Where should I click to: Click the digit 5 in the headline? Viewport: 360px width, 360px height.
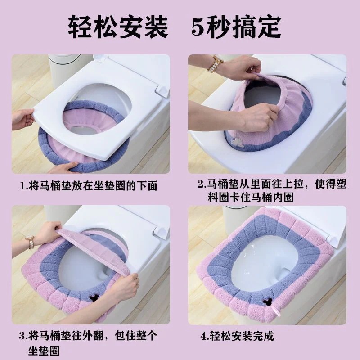tap(198, 27)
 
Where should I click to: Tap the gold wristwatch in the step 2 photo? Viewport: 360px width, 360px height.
tap(215, 64)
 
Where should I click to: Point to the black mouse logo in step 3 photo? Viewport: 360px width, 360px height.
tap(93, 298)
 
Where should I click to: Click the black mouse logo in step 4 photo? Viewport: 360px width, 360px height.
tap(266, 301)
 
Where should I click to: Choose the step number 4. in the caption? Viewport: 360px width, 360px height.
tap(204, 337)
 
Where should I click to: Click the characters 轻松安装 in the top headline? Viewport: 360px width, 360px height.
tap(118, 27)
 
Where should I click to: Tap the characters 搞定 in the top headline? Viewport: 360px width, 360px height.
tap(256, 27)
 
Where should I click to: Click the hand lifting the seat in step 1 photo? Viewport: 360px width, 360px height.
tap(22, 119)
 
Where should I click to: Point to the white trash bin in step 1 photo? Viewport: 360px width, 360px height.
tap(63, 70)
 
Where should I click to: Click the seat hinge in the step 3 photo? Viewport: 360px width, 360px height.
tap(162, 231)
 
